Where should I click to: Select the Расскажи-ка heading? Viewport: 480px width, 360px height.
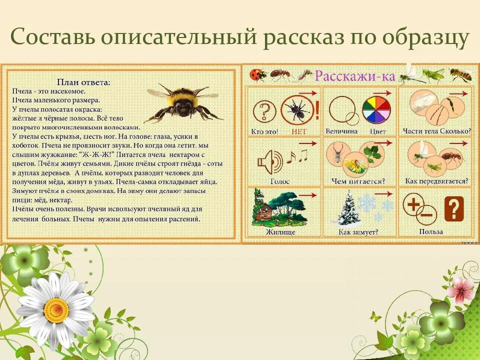pyautogui.click(x=354, y=76)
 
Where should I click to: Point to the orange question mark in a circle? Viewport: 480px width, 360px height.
pyautogui.click(x=264, y=110)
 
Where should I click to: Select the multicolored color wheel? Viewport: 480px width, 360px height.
pyautogui.click(x=376, y=109)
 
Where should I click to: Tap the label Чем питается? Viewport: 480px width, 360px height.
pyautogui.click(x=357, y=181)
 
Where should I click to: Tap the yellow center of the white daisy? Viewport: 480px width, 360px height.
pyautogui.click(x=56, y=310)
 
